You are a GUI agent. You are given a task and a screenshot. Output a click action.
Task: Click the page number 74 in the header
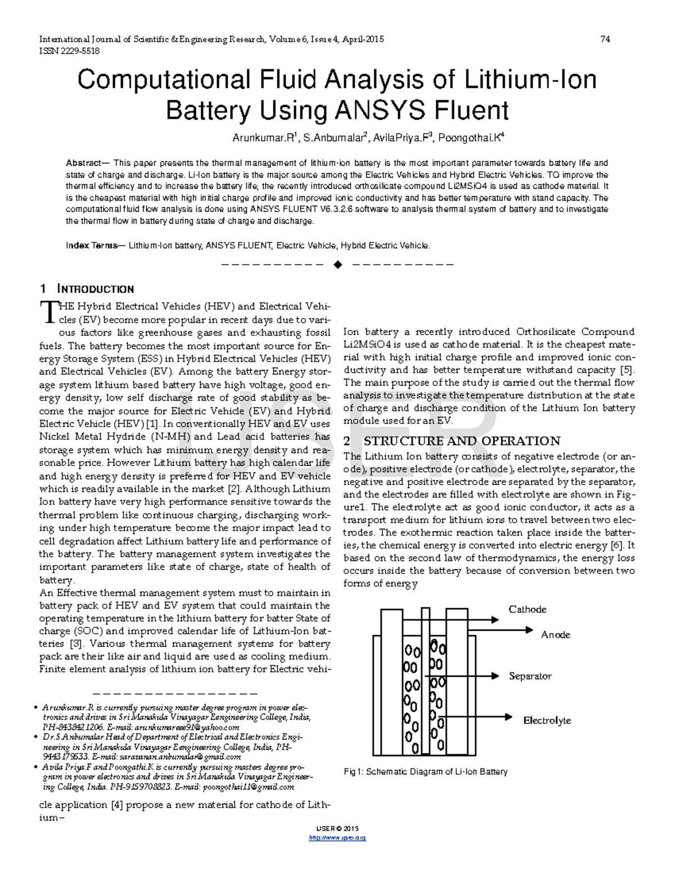tap(605, 39)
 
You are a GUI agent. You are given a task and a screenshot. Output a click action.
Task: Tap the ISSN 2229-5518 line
tap(69, 51)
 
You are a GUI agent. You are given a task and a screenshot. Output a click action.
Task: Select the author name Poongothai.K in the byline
tap(471, 138)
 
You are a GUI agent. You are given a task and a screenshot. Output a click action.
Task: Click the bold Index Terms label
tap(92, 246)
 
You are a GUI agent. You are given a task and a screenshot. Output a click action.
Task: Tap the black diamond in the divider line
tap(337, 265)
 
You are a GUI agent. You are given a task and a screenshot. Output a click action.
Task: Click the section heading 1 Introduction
tap(87, 290)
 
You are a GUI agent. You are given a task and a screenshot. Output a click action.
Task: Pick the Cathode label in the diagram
tap(527, 609)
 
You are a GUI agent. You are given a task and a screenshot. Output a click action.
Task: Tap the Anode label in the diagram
tap(555, 635)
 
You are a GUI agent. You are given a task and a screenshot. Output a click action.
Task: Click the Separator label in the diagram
tap(530, 676)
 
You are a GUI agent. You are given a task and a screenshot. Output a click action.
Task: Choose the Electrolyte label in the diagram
tap(547, 721)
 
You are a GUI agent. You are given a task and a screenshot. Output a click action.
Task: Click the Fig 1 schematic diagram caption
tap(425, 772)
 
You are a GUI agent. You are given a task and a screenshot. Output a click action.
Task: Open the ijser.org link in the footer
tap(337, 838)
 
